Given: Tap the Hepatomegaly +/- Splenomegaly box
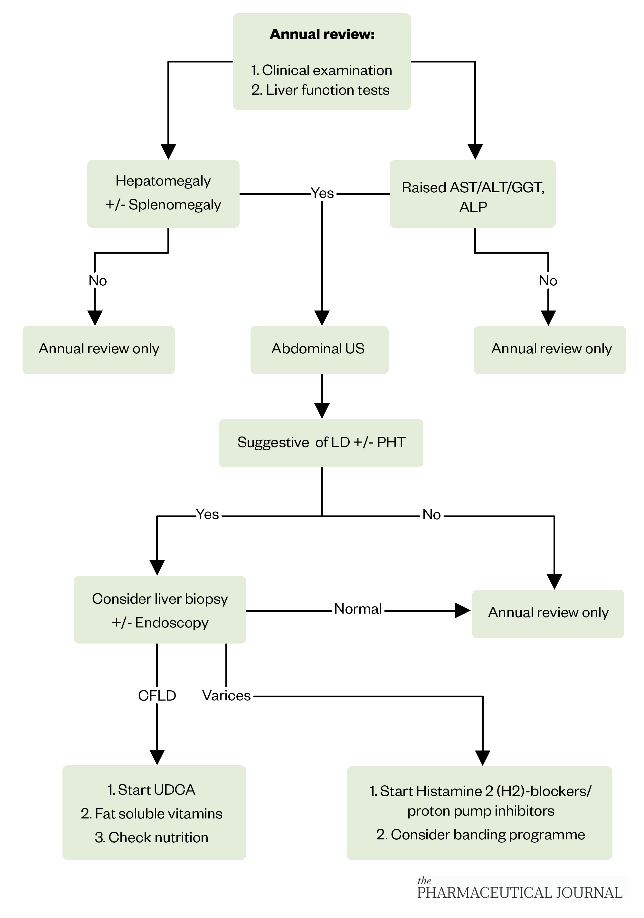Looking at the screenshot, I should coord(163,194).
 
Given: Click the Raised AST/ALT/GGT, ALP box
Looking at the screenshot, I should coord(472,194).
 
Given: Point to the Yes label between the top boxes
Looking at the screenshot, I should coord(322,194).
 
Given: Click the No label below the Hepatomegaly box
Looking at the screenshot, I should coord(98,281).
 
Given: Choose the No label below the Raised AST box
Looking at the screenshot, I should coord(548,281).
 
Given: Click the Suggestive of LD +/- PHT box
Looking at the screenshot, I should coord(321,443).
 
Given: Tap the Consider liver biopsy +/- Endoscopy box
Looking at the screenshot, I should coord(159,610).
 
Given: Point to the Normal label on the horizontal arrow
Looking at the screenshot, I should coord(358,609).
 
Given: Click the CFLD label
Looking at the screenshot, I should coord(157,696).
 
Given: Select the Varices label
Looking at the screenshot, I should coord(226,696).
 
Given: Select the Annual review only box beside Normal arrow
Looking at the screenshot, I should coord(548,613).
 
